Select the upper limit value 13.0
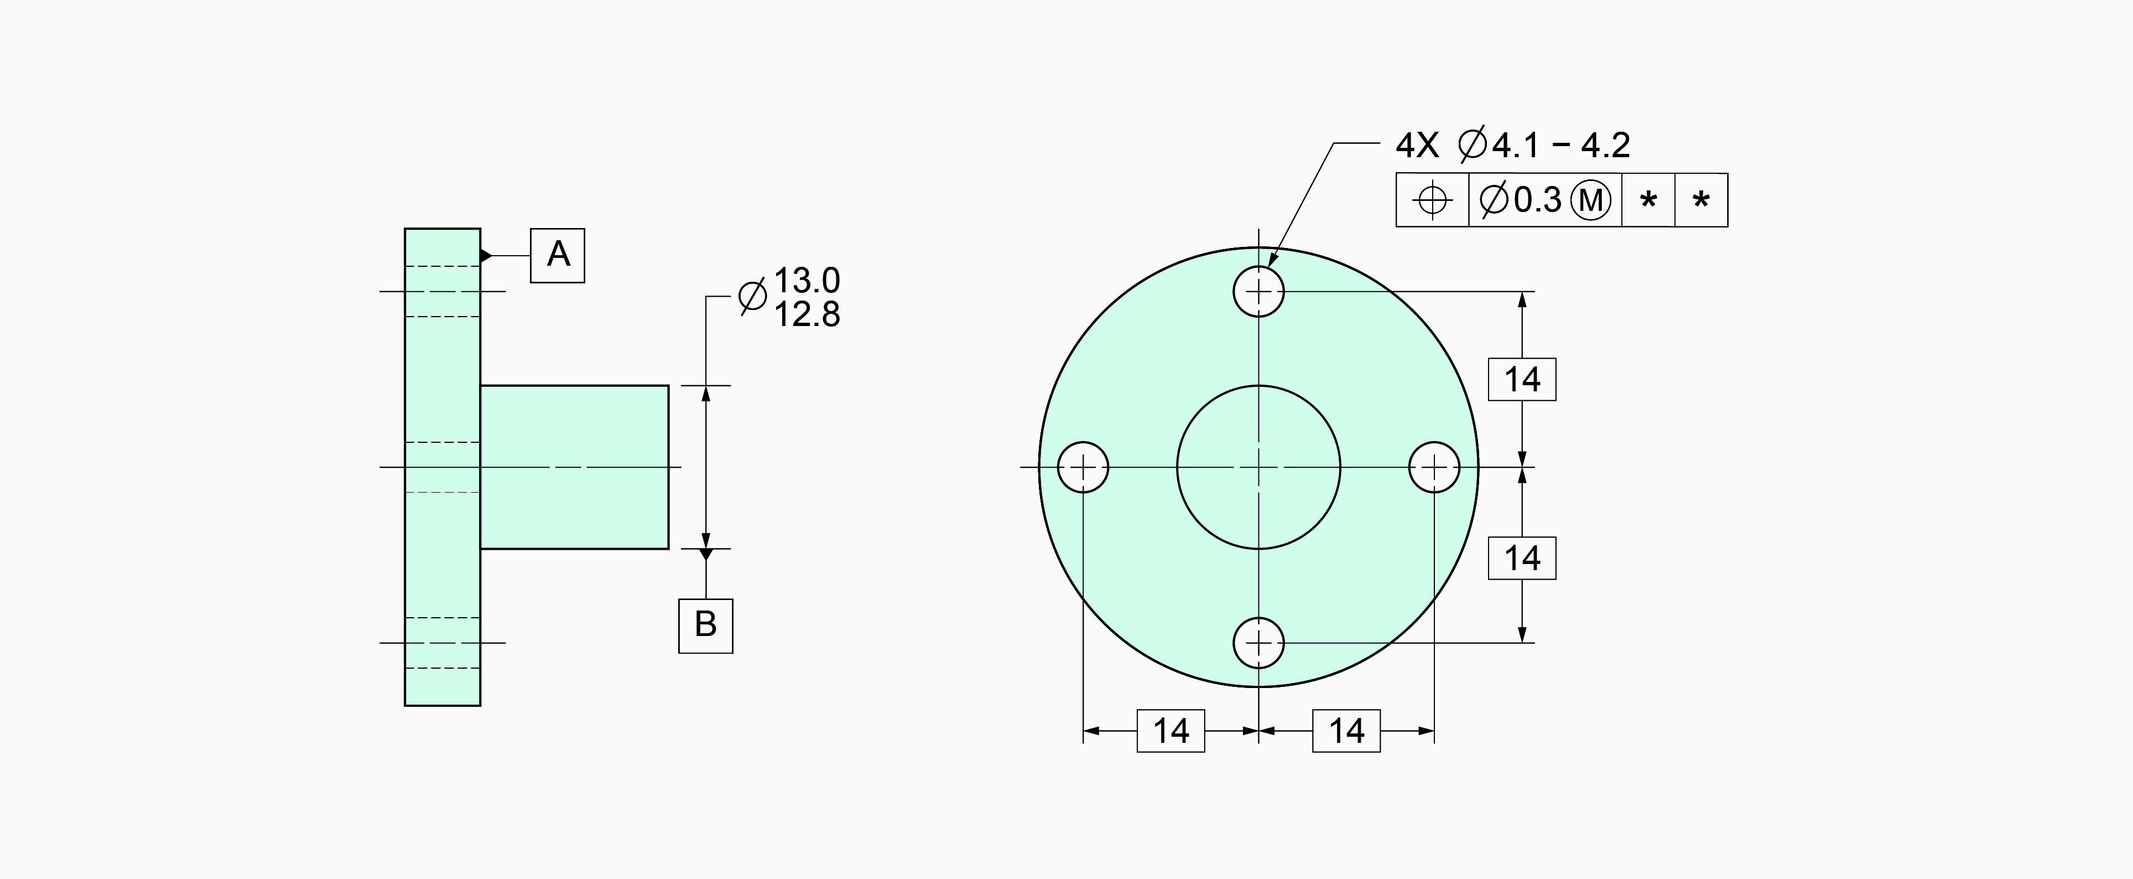pyautogui.click(x=807, y=281)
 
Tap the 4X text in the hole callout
pyautogui.click(x=1418, y=146)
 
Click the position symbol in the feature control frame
pyautogui.click(x=1433, y=200)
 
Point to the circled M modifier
pyautogui.click(x=1591, y=200)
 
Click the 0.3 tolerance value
pyautogui.click(x=1538, y=200)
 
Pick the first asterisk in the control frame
pyautogui.click(x=1648, y=200)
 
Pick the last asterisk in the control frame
pyautogui.click(x=1701, y=200)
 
